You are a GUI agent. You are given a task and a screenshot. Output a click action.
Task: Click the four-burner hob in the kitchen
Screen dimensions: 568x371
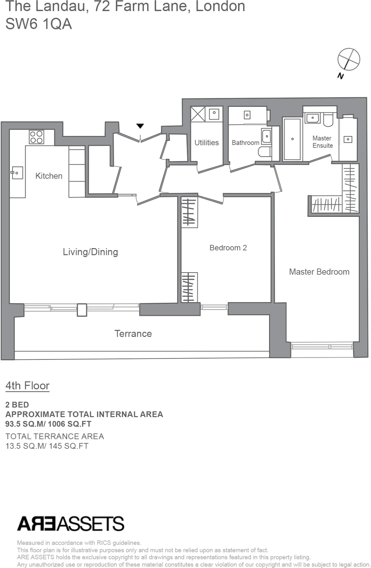36,137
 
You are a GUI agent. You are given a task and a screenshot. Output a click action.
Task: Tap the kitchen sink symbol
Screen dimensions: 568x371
17,173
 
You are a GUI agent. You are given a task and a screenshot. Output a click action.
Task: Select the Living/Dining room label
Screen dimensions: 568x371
90,252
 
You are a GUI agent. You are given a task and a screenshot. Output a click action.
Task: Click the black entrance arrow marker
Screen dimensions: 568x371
140,126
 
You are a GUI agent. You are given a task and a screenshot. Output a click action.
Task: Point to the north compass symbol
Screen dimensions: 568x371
348,59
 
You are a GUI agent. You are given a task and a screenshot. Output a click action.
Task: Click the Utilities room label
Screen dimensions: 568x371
206,143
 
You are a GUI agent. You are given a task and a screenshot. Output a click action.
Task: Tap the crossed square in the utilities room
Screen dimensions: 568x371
198,114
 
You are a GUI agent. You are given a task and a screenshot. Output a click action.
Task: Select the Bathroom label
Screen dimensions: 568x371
245,143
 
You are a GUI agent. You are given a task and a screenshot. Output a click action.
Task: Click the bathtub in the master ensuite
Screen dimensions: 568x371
292,139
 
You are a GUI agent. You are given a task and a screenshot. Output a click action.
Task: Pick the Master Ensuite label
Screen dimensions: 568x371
322,142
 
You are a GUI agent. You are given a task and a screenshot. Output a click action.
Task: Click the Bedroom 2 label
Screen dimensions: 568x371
228,248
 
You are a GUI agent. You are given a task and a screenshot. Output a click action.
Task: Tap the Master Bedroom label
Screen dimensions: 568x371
319,272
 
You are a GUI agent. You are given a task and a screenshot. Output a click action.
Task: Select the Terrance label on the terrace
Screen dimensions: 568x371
133,334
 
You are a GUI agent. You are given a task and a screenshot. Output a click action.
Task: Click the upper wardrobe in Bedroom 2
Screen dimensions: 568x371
189,212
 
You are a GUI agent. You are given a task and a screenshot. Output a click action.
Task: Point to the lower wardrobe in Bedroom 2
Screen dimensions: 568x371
189,288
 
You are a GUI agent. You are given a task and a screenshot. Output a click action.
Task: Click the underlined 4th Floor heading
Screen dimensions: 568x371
27,386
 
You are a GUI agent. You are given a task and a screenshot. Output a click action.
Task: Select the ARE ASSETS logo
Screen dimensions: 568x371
71,523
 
